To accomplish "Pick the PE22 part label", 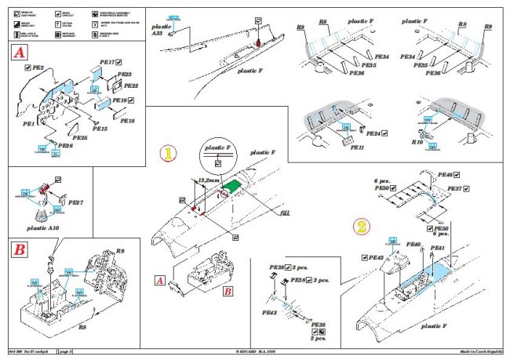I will [131, 85].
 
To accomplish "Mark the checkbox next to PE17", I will [119, 60].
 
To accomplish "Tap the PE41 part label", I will [438, 249].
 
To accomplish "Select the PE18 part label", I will [127, 121].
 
